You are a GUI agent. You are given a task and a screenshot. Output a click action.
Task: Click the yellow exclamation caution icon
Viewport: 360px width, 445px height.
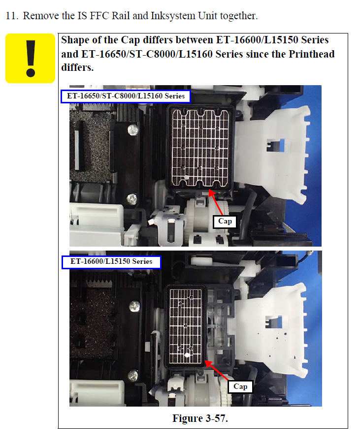tap(30, 59)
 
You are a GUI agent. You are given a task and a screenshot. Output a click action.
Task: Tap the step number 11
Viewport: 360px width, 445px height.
tap(12, 16)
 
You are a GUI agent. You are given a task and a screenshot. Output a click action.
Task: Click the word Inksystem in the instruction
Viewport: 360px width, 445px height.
tap(173, 16)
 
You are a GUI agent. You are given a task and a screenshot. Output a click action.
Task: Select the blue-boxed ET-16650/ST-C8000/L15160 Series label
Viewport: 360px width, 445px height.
tap(126, 96)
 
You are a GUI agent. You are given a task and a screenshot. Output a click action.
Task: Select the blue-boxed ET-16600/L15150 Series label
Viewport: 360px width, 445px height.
tap(111, 262)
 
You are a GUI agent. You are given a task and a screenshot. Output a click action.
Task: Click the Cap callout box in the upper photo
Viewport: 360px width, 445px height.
tap(225, 222)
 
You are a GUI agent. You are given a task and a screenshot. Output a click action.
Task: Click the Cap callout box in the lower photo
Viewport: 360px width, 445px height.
tap(240, 386)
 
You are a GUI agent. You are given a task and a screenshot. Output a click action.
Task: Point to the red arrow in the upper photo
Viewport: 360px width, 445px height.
tap(216, 202)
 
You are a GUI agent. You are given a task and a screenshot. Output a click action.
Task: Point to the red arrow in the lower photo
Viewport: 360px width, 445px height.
tap(217, 370)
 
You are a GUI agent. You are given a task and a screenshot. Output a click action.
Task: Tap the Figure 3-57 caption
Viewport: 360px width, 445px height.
tap(200, 418)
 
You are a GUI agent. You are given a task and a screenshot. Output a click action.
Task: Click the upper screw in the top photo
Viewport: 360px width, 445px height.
tap(133, 130)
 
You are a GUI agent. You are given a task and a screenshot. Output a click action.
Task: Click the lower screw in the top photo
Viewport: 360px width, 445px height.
tap(131, 199)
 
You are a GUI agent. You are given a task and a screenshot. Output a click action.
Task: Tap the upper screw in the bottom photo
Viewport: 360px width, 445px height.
tap(134, 307)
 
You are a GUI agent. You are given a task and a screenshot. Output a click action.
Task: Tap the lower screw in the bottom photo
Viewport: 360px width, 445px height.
tap(133, 375)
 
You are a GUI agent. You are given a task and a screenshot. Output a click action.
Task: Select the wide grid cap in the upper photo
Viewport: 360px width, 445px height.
tap(200, 148)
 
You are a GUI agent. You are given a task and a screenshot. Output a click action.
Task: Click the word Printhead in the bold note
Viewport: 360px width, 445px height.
tap(311, 54)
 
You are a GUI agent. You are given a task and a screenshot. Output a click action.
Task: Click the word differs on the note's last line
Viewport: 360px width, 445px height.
tap(77, 67)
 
